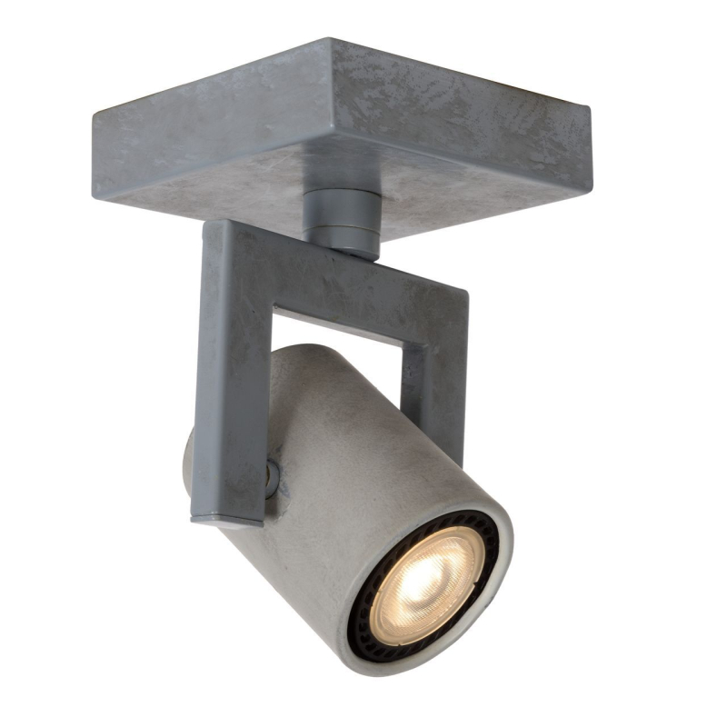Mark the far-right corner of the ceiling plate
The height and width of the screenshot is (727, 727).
[x=589, y=109]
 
